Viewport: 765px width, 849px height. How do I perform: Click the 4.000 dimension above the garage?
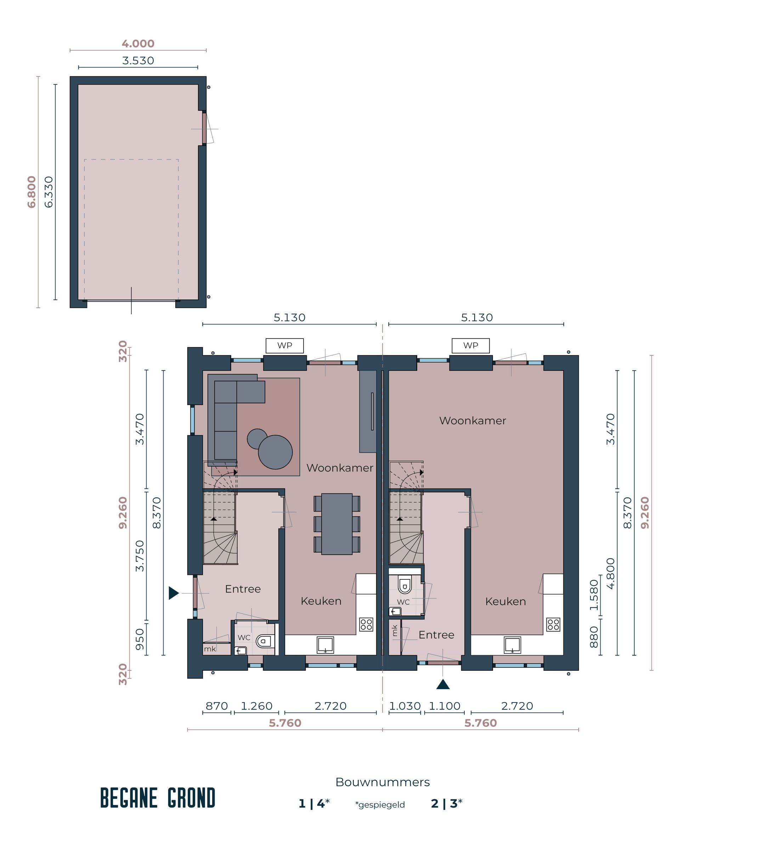point(138,44)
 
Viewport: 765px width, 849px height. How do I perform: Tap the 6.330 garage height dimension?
point(49,192)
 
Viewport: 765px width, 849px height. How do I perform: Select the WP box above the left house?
point(284,346)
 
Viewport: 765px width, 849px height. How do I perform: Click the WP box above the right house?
point(471,346)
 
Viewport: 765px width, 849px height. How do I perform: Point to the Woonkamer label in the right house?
point(472,421)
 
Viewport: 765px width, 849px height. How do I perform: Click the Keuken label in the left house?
point(321,601)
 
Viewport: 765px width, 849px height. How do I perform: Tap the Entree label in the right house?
point(436,635)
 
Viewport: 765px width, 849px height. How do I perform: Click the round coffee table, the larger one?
point(275,452)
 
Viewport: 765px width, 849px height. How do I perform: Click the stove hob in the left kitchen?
point(366,625)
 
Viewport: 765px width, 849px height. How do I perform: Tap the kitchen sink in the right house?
point(512,645)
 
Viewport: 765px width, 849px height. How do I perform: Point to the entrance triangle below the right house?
point(443,685)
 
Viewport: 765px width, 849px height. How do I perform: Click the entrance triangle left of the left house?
point(173,593)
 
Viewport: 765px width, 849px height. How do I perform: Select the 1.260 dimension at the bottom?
point(256,706)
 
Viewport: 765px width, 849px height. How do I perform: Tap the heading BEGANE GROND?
point(158,798)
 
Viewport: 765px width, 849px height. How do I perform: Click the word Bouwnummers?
point(382,782)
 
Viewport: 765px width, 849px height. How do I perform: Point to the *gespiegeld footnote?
point(380,805)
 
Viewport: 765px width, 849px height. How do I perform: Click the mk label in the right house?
point(395,630)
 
